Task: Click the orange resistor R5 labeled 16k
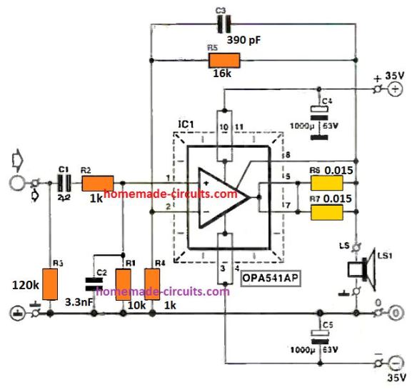[x=221, y=61]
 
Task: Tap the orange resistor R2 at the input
[x=98, y=183]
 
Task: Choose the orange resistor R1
[x=124, y=284]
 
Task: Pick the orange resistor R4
[x=152, y=284]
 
